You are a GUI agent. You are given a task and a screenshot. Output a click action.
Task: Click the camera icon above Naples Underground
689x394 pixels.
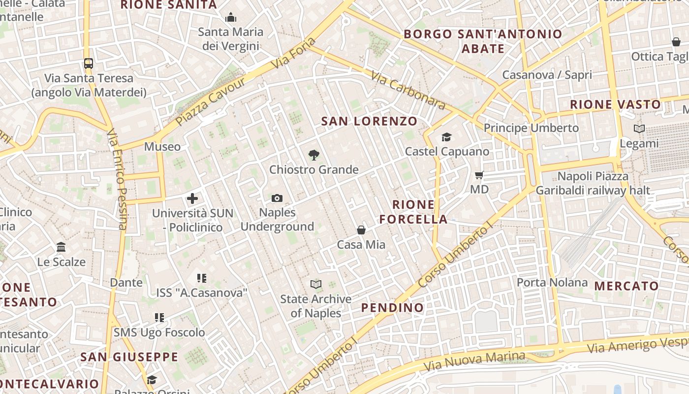pos(277,198)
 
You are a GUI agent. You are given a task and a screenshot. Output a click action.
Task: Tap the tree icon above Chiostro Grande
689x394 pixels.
pos(313,156)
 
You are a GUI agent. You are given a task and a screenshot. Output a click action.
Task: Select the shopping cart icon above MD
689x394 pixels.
pos(479,175)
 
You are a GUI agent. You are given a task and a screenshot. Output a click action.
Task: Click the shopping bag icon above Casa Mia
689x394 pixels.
pos(361,230)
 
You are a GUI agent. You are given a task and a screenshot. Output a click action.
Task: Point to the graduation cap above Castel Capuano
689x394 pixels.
pos(446,137)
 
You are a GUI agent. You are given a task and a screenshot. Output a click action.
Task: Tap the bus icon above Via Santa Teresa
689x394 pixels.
pos(89,64)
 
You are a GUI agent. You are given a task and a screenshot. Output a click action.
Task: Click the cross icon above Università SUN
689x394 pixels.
pos(192,199)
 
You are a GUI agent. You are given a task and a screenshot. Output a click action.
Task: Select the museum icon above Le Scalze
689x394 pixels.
pos(61,247)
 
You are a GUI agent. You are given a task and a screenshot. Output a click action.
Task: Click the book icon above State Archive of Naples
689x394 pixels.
pos(316,285)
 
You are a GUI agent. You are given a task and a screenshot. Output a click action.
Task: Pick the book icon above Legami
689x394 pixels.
pos(639,129)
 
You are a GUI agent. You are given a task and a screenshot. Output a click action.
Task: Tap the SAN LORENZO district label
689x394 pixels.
pos(369,121)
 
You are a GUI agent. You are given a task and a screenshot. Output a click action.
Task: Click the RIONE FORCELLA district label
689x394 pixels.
pos(413,212)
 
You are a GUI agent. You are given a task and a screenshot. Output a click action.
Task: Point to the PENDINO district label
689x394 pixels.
pos(392,308)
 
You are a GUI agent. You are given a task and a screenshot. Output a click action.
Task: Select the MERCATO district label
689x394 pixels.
pos(626,286)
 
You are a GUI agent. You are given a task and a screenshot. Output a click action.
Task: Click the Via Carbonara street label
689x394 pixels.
pos(408,91)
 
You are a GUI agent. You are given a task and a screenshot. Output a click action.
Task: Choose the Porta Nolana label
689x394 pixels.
pos(552,283)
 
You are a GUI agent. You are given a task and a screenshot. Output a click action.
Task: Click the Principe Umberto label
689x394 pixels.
pos(531,128)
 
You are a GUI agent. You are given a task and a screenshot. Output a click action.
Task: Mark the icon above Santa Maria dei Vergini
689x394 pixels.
pos(231,18)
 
